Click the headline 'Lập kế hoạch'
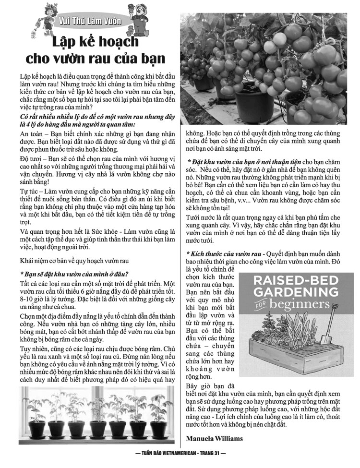point(95,41)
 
